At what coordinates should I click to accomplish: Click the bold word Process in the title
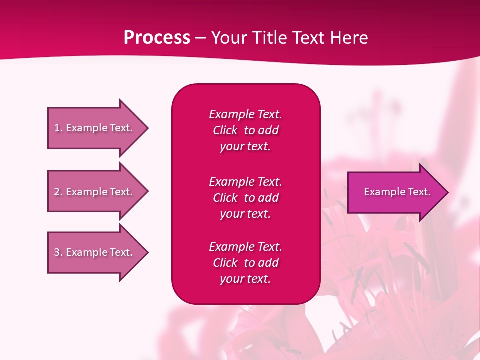(157, 38)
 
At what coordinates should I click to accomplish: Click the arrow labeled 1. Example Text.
(95, 128)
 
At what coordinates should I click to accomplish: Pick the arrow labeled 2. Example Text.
(95, 192)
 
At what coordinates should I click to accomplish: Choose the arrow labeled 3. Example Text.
(95, 252)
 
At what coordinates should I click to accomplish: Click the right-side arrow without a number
(395, 192)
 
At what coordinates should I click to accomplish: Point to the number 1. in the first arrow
(58, 128)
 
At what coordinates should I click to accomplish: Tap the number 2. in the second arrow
(58, 192)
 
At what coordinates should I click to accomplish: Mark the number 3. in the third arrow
(58, 252)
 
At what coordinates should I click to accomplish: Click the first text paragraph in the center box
(245, 130)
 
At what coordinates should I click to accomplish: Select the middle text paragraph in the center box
(245, 198)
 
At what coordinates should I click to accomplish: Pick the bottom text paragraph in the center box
(245, 263)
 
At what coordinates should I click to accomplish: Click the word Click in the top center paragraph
(225, 130)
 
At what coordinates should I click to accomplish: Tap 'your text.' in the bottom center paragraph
(245, 279)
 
